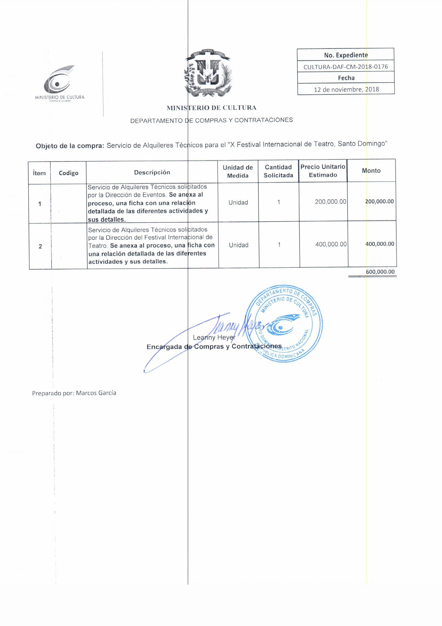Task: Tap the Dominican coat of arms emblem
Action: click(x=208, y=73)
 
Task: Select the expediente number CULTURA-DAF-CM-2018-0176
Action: click(x=345, y=66)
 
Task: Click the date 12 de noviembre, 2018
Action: click(x=346, y=89)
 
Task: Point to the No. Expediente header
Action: click(x=346, y=55)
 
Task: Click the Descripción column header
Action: click(x=152, y=172)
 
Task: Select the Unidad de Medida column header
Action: click(x=238, y=172)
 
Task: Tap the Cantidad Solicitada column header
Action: click(x=278, y=171)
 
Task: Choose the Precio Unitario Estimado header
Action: click(x=323, y=171)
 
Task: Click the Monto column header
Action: click(x=371, y=171)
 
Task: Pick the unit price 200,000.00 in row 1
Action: click(x=330, y=202)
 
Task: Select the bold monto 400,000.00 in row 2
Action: click(x=380, y=244)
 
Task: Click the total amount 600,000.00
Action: click(x=380, y=272)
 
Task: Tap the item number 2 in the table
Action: click(x=40, y=247)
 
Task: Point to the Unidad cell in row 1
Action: click(x=238, y=203)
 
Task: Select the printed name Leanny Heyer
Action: click(x=214, y=338)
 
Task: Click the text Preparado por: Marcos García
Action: click(x=74, y=393)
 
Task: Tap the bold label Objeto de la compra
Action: click(x=70, y=146)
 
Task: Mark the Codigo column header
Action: click(x=69, y=173)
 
